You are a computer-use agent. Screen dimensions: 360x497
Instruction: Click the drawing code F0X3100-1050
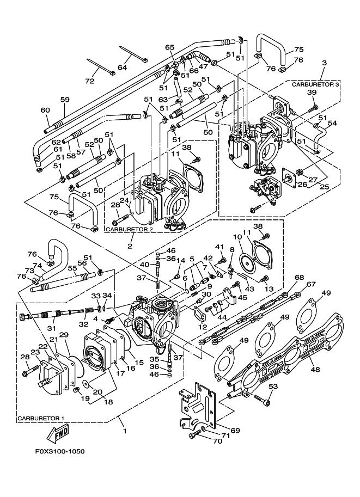[x=60, y=451]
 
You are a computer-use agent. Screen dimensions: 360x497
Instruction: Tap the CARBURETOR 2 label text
[x=127, y=229]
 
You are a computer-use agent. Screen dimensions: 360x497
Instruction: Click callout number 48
[x=315, y=369]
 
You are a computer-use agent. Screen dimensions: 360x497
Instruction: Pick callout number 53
[x=273, y=386]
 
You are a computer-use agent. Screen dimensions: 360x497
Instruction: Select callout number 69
[x=235, y=431]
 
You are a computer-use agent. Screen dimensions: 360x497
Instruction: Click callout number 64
[x=122, y=67]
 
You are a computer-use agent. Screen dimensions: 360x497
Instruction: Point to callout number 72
[x=90, y=81]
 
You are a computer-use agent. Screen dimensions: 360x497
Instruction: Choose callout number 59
[x=65, y=99]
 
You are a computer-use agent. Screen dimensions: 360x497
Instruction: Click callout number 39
[x=312, y=92]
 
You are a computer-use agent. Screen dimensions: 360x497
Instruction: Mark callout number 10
[x=237, y=237]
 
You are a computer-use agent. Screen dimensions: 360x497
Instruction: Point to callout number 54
[x=332, y=123]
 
